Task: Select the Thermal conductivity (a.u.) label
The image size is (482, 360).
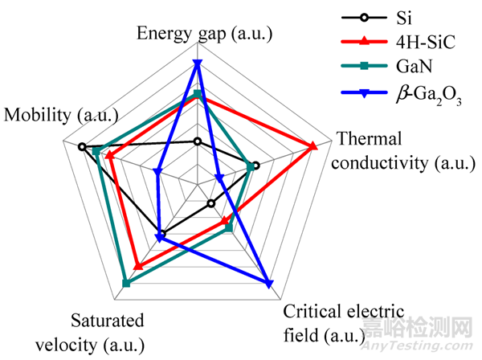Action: click(x=402, y=150)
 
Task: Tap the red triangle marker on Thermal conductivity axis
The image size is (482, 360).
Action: click(x=314, y=145)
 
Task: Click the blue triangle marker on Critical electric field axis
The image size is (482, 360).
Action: click(x=268, y=282)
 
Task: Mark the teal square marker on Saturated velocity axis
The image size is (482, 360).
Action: click(x=125, y=282)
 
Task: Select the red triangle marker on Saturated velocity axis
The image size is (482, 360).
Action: click(x=137, y=266)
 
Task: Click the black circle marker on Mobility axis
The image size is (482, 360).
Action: click(x=82, y=146)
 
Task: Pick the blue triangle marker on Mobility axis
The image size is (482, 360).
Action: click(x=157, y=170)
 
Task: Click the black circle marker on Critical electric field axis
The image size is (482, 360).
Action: click(x=210, y=203)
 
